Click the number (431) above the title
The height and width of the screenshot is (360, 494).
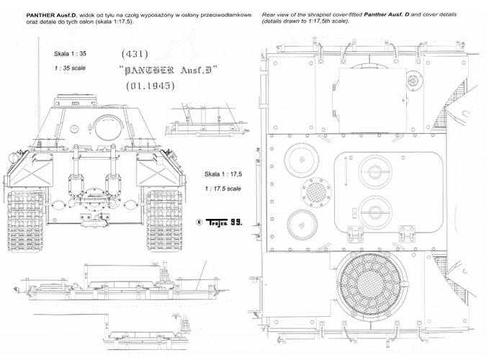point(135,54)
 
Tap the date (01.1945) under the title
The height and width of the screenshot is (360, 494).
point(151,86)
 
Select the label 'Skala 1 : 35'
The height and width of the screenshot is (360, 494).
point(70,53)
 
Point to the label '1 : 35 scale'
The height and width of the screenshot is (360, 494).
point(70,68)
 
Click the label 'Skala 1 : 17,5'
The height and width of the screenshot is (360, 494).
point(223,174)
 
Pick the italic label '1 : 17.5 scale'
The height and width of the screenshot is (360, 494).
point(223,189)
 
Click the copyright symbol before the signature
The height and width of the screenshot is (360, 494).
point(199,222)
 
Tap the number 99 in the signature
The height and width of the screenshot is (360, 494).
point(236,222)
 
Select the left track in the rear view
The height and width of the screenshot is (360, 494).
point(26,220)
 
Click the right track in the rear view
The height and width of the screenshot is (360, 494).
point(164,220)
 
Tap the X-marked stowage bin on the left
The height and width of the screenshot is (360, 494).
point(30,172)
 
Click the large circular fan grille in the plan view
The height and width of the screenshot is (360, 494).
point(372,285)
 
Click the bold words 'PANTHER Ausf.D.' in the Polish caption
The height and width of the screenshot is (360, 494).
point(52,15)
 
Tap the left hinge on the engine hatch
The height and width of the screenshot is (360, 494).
point(355,234)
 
